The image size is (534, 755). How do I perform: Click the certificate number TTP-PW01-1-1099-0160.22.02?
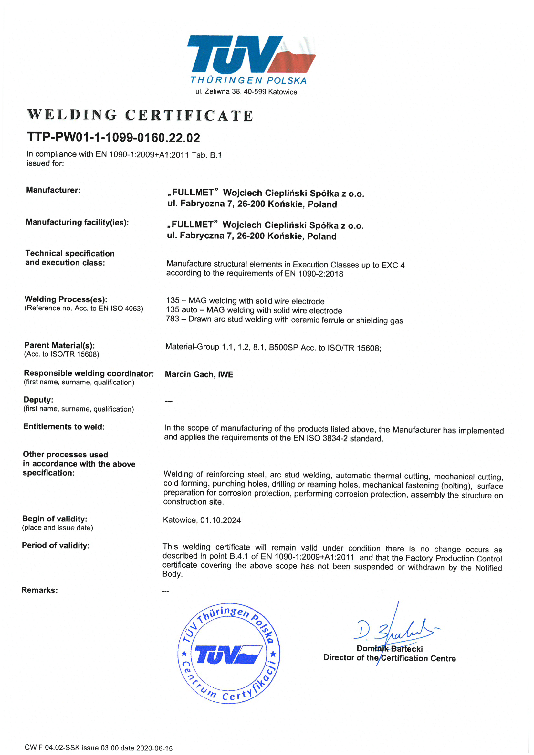[113, 137]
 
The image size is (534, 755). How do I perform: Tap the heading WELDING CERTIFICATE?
[141, 115]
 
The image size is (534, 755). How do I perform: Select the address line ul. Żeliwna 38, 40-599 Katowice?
[246, 92]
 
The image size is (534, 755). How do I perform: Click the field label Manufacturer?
[53, 190]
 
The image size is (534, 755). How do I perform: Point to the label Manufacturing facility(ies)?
[77, 222]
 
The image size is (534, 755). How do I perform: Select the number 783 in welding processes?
[173, 319]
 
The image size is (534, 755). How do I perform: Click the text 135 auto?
[182, 310]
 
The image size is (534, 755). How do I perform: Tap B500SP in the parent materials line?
[283, 348]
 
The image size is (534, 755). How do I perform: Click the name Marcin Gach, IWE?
[199, 374]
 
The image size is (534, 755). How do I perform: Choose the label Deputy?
[38, 400]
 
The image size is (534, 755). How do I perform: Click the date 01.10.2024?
[220, 520]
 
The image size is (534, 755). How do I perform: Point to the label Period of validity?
[56, 546]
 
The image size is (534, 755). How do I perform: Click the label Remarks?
[39, 590]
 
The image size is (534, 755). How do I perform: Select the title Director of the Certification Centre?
[389, 658]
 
